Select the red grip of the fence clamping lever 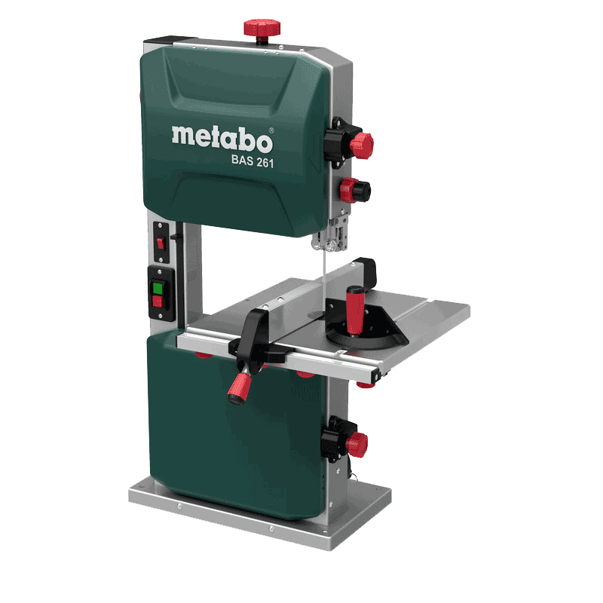(240, 386)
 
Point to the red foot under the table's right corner (366, 382)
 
